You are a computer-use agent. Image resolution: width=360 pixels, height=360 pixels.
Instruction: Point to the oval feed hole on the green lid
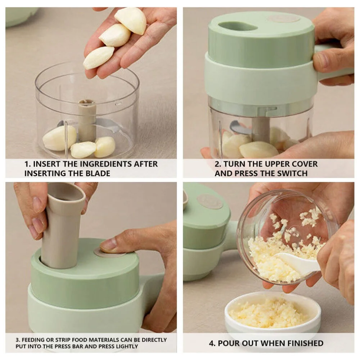coord(238,26)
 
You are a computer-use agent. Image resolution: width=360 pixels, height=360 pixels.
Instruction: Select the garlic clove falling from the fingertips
coord(98,58)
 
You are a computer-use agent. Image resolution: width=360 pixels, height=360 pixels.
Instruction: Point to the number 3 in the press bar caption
coord(17,339)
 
